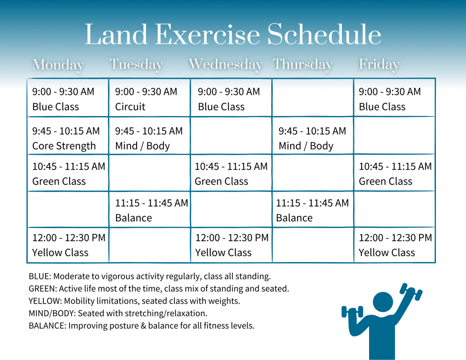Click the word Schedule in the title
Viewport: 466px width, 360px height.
point(324,34)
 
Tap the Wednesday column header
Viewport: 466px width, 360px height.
point(226,64)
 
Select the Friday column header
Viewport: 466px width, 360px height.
point(379,65)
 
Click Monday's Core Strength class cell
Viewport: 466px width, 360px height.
point(68,136)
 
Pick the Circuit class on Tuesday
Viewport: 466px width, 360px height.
point(149,98)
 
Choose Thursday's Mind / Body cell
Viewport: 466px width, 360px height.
point(313,136)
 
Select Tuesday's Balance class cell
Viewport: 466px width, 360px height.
point(149,209)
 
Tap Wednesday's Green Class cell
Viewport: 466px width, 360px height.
point(231,173)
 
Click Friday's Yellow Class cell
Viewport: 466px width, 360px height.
point(395,245)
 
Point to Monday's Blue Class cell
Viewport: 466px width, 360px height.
point(68,98)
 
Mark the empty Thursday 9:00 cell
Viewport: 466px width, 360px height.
point(313,98)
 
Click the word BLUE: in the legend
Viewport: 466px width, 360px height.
point(40,276)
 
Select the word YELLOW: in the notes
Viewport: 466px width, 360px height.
point(45,301)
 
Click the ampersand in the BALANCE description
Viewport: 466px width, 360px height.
point(143,326)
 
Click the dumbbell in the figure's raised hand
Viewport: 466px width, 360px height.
point(411,291)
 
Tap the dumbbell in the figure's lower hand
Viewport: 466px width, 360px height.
point(353,312)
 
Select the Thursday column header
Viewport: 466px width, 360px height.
point(303,65)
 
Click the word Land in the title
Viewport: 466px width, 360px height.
point(116,35)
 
